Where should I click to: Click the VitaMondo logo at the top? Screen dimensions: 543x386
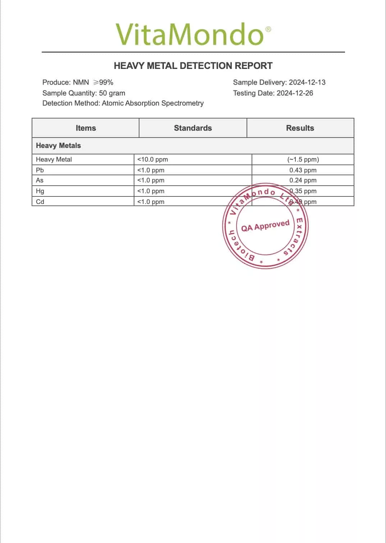190,34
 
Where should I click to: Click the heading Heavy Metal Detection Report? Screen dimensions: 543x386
193,66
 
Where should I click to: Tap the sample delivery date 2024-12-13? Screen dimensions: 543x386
307,82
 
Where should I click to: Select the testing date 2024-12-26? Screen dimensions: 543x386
295,93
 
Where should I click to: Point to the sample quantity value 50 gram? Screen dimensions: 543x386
112,93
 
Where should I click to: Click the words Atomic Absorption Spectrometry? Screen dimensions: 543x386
153,103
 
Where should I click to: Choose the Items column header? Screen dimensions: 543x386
86,128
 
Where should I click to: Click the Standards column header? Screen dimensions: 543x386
193,128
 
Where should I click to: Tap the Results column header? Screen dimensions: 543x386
300,128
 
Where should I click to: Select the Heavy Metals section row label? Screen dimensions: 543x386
58,145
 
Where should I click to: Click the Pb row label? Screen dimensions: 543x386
40,170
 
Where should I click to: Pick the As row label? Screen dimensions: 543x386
40,180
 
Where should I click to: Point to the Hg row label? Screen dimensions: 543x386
40,191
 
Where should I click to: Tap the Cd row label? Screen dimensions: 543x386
40,202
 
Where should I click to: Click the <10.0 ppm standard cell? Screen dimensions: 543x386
152,159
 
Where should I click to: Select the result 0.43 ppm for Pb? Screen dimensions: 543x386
303,170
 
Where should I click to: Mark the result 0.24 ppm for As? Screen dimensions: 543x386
303,180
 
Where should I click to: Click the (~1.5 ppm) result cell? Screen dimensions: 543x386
303,159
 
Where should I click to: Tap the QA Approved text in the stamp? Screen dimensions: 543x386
265,226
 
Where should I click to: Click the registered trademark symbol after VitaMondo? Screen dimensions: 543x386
268,29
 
